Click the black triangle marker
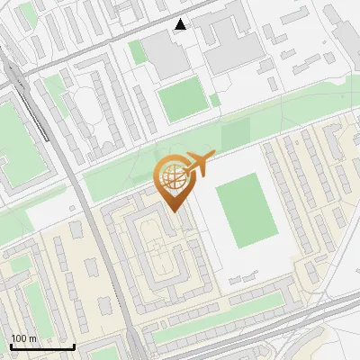(x=181, y=24)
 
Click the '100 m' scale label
(x=24, y=338)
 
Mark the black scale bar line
(x=42, y=347)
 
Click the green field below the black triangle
(x=184, y=98)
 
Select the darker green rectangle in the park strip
(x=235, y=135)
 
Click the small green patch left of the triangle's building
(x=137, y=52)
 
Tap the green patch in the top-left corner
(x=27, y=13)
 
